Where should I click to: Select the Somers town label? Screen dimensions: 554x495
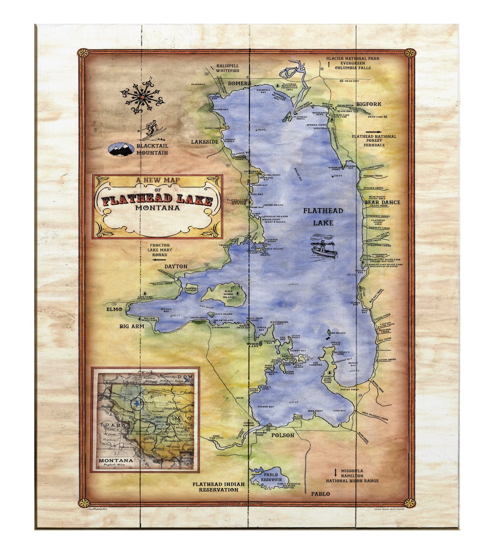coord(239,83)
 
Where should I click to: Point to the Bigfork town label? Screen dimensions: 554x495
coord(369,104)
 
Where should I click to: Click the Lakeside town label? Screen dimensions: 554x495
coord(204,142)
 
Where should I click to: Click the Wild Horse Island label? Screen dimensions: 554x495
coord(228,294)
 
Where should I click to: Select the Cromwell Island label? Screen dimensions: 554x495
coord(191,289)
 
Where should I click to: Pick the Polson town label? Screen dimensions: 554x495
coord(282,435)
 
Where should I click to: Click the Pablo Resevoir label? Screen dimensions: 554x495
coord(271,477)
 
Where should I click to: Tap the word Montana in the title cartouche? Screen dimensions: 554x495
coord(157,208)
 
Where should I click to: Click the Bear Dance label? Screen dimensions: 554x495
coord(382,202)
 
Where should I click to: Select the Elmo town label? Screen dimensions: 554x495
coord(114,309)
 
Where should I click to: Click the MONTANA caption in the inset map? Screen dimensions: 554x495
coord(116,460)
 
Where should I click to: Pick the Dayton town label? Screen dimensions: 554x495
coord(176,266)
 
